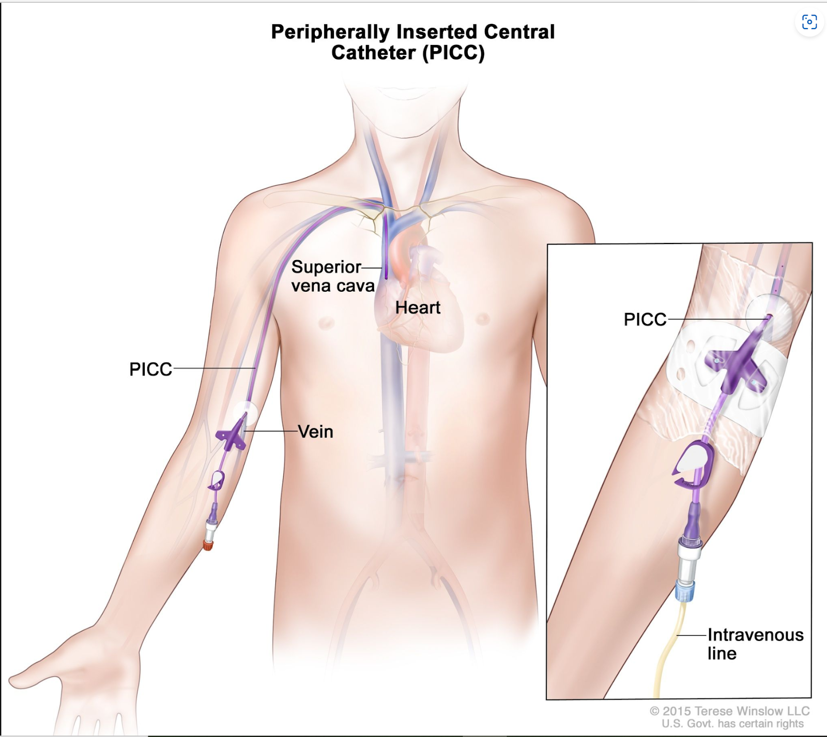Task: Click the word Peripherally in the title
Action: click(331, 33)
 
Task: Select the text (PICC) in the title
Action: click(453, 53)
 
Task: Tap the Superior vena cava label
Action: click(333, 276)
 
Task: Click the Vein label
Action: click(316, 431)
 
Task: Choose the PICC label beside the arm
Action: click(150, 369)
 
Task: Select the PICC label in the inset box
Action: click(645, 319)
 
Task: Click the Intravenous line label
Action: click(755, 644)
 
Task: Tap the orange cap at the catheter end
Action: click(208, 545)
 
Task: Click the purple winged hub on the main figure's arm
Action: click(232, 436)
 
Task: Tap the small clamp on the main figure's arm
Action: click(217, 480)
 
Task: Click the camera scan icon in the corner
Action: click(809, 22)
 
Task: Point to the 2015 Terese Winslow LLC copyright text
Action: click(729, 711)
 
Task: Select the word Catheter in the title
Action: click(373, 53)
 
